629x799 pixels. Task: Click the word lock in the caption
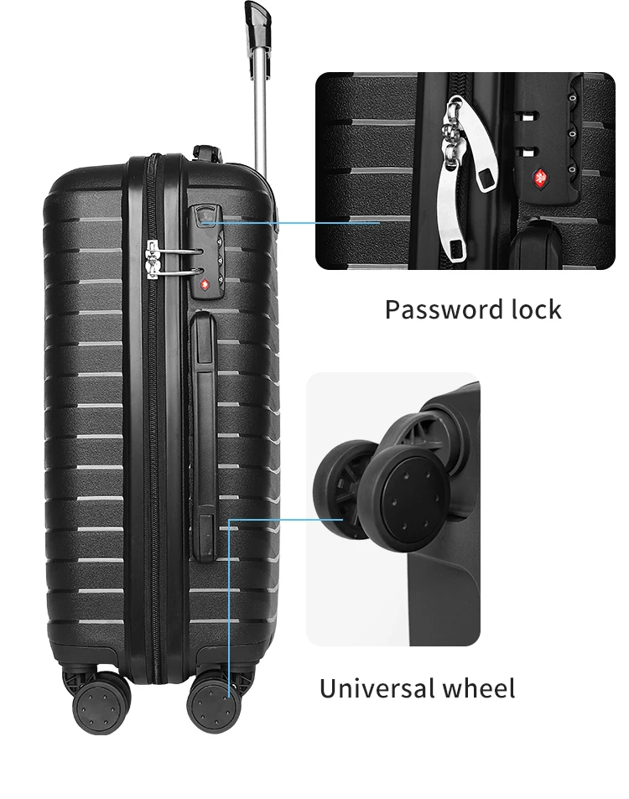pos(536,309)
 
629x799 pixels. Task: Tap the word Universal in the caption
pos(375,689)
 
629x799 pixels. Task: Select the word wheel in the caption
pos(479,689)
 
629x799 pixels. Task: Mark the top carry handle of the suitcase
pos(206,153)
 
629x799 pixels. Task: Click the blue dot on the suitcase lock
pos(204,223)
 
